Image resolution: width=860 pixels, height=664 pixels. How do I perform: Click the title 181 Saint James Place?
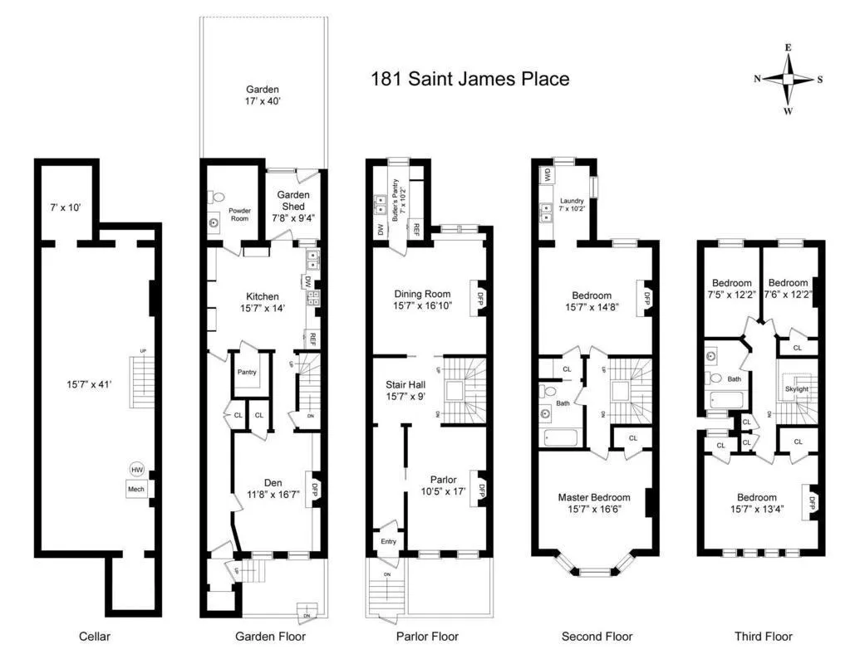click(470, 80)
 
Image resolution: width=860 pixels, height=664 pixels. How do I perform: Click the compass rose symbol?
click(788, 80)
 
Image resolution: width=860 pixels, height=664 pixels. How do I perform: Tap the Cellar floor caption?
click(95, 637)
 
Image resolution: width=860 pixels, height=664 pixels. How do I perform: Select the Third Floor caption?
click(763, 637)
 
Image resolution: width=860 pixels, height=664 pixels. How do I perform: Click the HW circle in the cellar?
click(136, 470)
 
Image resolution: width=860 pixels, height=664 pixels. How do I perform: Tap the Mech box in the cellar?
click(136, 490)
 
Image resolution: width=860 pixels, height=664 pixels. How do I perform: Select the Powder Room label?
click(239, 213)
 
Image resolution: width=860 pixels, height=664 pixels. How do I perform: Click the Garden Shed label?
click(293, 201)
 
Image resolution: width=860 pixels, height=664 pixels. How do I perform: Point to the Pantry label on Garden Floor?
click(247, 372)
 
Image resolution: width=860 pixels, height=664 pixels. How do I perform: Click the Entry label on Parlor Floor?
click(388, 541)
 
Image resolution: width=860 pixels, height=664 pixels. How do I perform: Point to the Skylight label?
click(796, 388)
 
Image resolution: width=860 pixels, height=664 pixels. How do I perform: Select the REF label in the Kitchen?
click(313, 339)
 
